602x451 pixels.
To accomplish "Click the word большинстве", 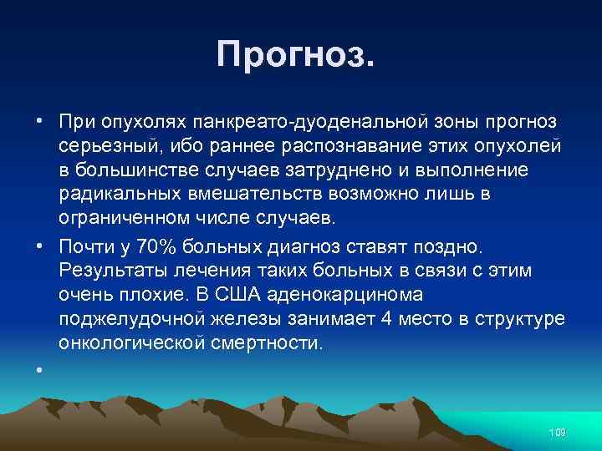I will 135,171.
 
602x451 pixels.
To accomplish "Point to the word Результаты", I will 111,272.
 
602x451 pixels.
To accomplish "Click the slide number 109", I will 557,432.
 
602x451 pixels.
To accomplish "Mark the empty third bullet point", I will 39,368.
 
